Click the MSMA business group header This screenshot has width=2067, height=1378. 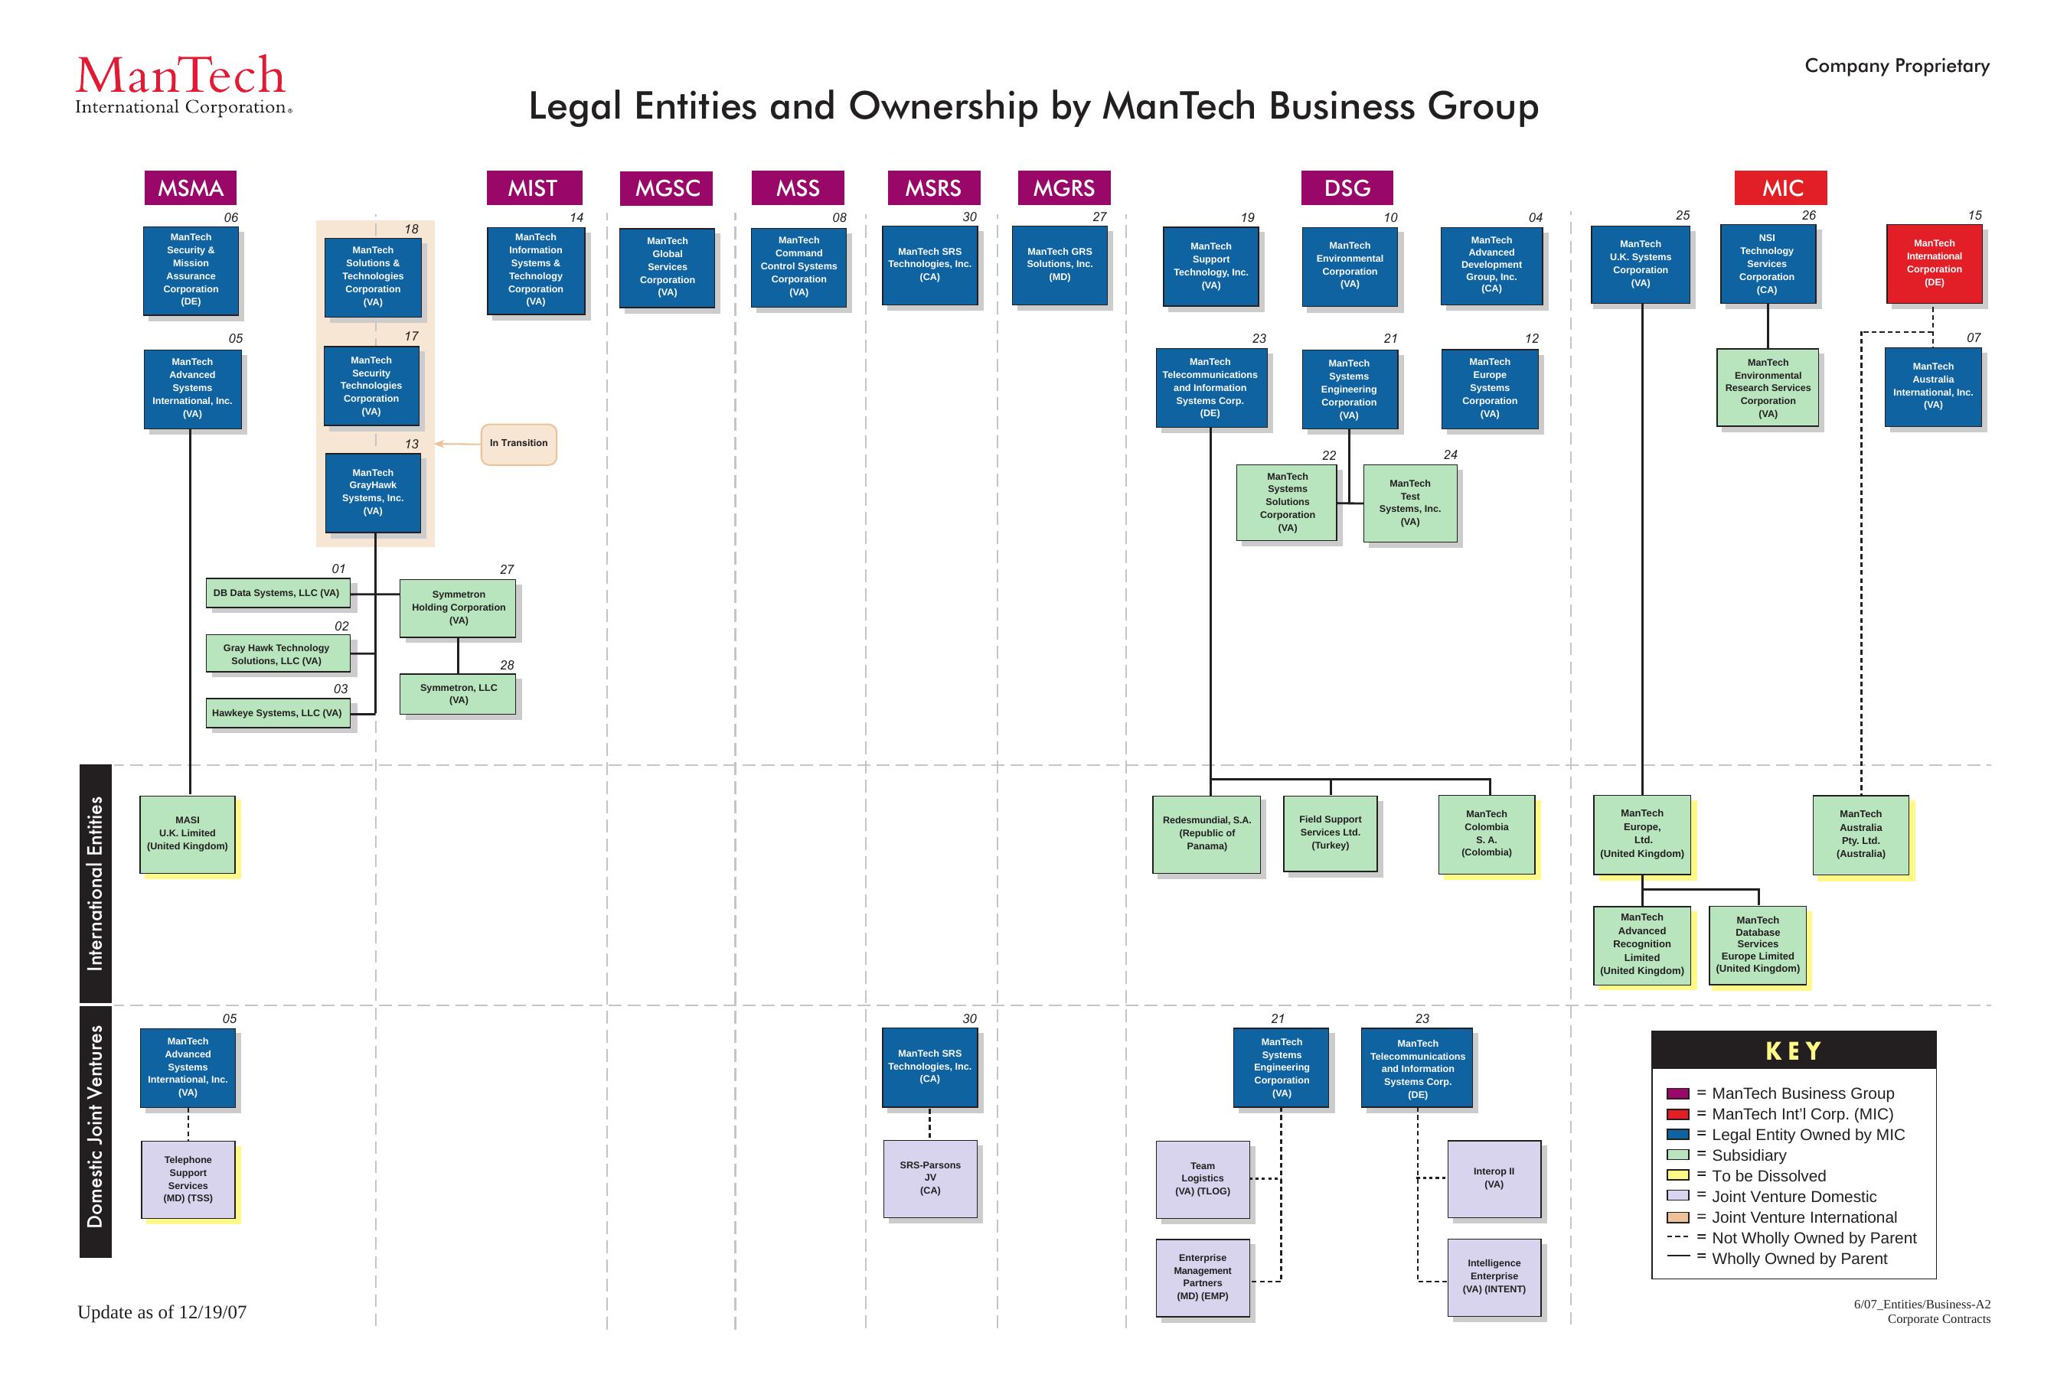(190, 188)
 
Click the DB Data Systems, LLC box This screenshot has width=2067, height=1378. (277, 593)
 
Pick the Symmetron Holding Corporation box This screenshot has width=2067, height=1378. (458, 608)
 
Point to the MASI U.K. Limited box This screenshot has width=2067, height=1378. (188, 834)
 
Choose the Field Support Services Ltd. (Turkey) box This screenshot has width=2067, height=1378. (1329, 833)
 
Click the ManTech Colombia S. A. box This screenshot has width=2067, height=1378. (1486, 834)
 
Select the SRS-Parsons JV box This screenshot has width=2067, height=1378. (929, 1178)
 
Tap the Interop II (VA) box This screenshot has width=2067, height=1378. (1493, 1178)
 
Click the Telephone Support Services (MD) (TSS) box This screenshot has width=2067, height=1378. (188, 1179)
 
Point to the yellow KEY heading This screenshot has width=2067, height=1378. (1793, 1051)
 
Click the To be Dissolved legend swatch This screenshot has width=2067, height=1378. (1677, 1176)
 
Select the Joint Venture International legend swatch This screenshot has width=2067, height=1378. (1677, 1217)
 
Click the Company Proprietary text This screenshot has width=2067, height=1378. (1896, 66)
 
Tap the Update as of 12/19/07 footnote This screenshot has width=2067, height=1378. (162, 1312)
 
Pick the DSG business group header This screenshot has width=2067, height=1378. (1346, 188)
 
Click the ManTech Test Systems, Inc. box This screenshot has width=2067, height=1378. (1409, 503)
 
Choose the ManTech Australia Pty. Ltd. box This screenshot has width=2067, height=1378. (1860, 834)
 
